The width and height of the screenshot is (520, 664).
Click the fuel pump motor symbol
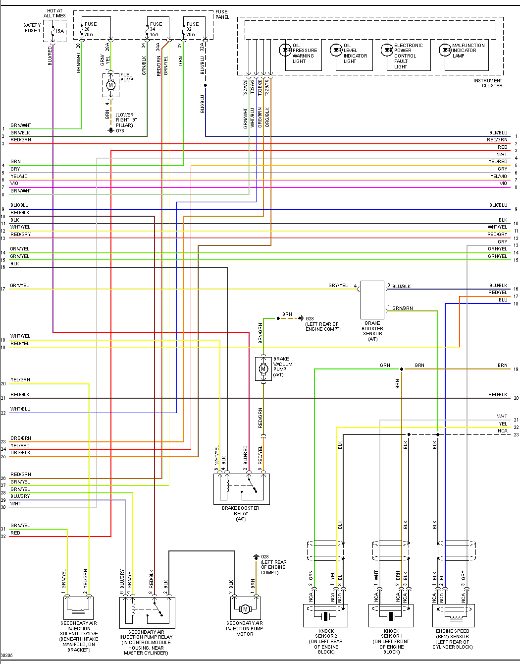pos(110,85)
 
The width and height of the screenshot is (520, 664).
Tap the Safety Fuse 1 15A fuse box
pos(54,31)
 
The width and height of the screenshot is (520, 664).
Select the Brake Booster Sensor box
pos(372,300)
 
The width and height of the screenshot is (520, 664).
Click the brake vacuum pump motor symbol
pos(263,369)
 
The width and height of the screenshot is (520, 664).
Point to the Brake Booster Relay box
pos(242,489)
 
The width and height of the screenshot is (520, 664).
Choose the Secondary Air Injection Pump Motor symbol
pos(245,608)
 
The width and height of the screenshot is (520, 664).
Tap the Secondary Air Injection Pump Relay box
pos(147,612)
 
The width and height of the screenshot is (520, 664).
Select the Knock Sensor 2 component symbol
pos(325,616)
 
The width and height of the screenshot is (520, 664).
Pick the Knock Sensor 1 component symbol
pos(391,616)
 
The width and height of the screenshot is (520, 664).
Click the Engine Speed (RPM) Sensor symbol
pos(454,616)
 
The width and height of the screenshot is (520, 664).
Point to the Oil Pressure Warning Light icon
pos(286,50)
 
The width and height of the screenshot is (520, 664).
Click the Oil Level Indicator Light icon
pos(337,50)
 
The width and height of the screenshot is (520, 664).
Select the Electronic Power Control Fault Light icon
pos(387,50)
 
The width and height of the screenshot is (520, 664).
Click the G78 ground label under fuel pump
pos(120,131)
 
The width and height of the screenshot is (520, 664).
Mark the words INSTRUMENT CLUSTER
pos(488,83)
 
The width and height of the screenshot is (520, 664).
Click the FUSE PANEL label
pos(222,14)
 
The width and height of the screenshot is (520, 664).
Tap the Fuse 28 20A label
pos(90,29)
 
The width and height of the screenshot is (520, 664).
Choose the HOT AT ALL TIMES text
pos(54,13)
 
